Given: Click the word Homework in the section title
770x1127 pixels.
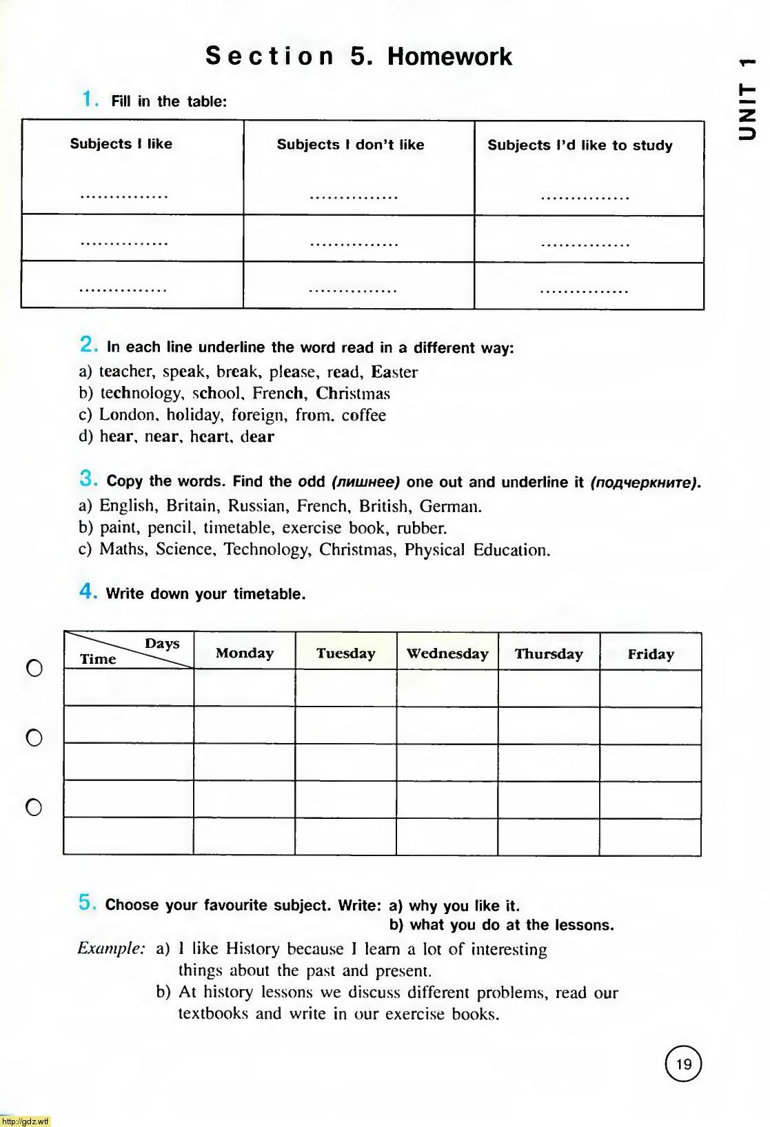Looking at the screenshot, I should [449, 57].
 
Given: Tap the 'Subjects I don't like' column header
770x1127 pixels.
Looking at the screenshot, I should [350, 145].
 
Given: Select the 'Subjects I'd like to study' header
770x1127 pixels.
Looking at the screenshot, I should [580, 145].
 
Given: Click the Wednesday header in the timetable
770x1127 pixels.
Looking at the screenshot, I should [447, 653].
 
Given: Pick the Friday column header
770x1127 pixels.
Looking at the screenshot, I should [651, 654].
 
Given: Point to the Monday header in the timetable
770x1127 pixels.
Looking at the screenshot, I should [245, 653].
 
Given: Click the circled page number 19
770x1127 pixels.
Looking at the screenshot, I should [683, 1064].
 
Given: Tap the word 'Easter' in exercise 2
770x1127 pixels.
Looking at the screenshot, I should [394, 372].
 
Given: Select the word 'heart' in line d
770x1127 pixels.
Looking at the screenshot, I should [211, 436].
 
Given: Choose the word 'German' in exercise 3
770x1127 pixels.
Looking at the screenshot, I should [449, 507].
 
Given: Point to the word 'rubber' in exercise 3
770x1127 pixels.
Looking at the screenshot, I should [421, 528].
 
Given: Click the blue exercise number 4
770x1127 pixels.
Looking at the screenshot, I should [87, 591].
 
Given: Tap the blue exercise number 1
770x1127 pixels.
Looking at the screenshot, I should [88, 99].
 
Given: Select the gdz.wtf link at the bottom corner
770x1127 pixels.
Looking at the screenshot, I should [26, 1121].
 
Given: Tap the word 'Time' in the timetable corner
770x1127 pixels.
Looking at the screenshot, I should [98, 659].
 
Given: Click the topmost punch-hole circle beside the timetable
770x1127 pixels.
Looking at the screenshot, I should [34, 668].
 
